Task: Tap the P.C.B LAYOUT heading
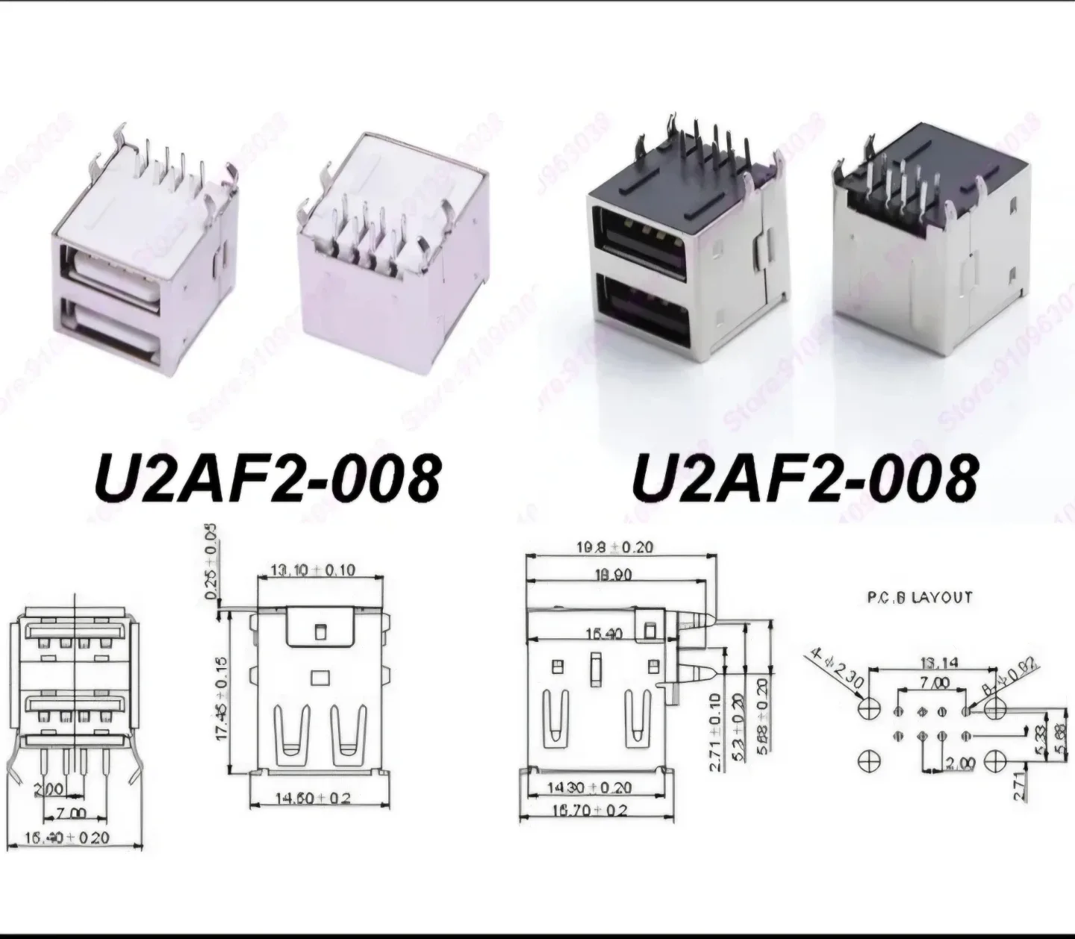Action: tap(919, 597)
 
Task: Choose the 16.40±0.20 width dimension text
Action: tap(67, 837)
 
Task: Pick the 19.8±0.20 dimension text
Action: tap(614, 547)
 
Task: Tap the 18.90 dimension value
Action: tap(614, 575)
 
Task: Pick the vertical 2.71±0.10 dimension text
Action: tap(714, 731)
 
